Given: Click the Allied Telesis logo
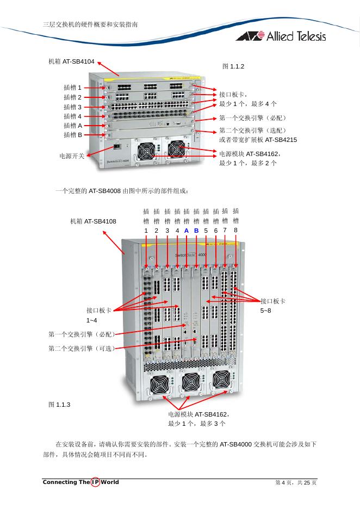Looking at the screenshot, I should [x=281, y=36].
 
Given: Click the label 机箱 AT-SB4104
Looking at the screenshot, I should [x=71, y=62].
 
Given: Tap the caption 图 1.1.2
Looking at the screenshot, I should [x=233, y=66].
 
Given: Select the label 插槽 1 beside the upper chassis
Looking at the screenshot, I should [x=72, y=88].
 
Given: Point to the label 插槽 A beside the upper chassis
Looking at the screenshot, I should [x=72, y=126].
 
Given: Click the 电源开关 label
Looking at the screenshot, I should [x=72, y=156].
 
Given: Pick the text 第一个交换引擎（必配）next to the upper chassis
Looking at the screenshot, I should [x=252, y=118].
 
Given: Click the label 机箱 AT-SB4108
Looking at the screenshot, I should [x=93, y=221].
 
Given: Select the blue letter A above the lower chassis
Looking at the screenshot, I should [x=187, y=231].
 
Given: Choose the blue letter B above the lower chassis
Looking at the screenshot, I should [x=196, y=231].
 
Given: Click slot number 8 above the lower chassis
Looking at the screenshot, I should [x=235, y=230].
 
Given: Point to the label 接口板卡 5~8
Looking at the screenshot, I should [x=272, y=306].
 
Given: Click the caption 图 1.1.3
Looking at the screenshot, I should [x=59, y=405].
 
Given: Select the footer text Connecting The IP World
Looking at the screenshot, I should [x=80, y=482].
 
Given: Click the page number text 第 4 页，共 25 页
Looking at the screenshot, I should [x=295, y=483].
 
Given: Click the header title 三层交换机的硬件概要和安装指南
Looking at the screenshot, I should [x=90, y=24].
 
